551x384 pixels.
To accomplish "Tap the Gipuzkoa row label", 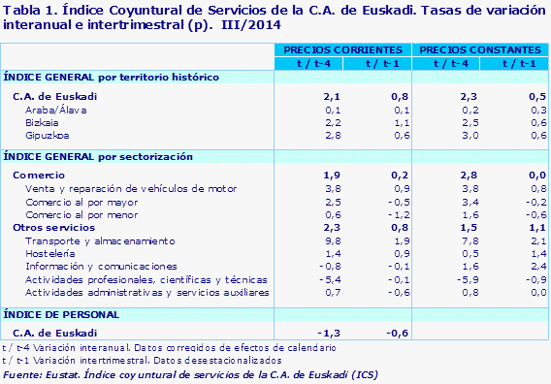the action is pos(43,136).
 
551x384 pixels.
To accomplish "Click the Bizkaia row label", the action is pos(40,123).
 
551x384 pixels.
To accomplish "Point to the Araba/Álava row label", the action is pos(52,111).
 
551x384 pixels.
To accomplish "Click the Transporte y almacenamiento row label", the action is pos(85,240).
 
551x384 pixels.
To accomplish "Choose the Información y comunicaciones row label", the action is pos(87,265).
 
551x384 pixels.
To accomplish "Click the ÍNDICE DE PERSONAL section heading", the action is pos(62,314).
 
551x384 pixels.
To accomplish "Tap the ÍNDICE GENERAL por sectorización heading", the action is pos(99,156).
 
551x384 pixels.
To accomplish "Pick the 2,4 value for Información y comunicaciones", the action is pos(514,265).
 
